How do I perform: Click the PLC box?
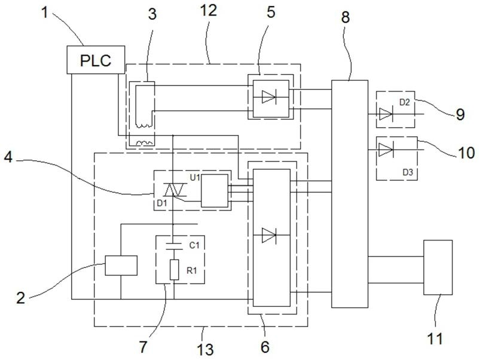(x=96, y=60)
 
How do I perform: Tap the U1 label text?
(x=195, y=177)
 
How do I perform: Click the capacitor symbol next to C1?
(x=173, y=246)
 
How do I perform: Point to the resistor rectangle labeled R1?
(x=174, y=270)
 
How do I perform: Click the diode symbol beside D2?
(x=386, y=114)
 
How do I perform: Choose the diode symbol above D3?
(x=386, y=150)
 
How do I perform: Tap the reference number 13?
(x=205, y=349)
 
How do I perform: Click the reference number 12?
(x=208, y=10)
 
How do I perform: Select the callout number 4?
(x=8, y=158)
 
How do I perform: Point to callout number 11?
(x=435, y=338)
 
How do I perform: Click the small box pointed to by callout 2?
(x=121, y=266)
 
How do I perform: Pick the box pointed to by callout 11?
(x=438, y=267)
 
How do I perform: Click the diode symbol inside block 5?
(x=269, y=97)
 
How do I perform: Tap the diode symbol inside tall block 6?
(x=269, y=235)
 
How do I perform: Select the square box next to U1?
(x=215, y=191)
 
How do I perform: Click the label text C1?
(x=194, y=245)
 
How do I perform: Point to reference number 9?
(x=460, y=115)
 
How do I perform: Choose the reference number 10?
(x=466, y=152)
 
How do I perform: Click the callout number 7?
(x=143, y=347)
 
